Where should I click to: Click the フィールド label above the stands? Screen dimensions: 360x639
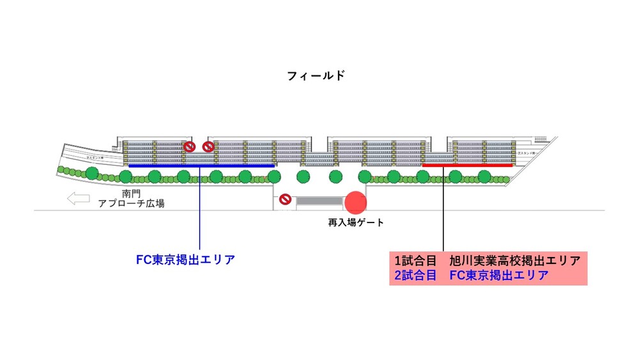[x=316, y=75]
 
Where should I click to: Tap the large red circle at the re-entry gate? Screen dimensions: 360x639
[x=356, y=202]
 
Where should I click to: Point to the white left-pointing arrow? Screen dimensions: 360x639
[x=79, y=199]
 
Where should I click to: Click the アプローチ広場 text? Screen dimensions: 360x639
[x=131, y=204]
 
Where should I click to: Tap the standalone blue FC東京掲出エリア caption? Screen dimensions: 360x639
[x=185, y=260]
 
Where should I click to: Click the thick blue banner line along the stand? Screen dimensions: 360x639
[x=201, y=166]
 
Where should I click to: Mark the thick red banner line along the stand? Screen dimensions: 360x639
[x=466, y=165]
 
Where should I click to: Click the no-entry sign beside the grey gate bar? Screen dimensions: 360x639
[x=285, y=200]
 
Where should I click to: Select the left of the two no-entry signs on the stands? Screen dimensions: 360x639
[x=189, y=147]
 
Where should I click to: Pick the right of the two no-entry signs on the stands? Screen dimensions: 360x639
[x=208, y=147]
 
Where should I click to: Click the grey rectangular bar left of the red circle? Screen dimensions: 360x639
[x=319, y=201]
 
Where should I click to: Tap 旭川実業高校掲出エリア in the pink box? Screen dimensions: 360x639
[x=514, y=261]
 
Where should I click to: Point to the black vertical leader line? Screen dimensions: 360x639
[x=443, y=211]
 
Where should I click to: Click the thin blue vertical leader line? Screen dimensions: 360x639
[x=201, y=211]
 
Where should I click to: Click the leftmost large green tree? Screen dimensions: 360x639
[x=92, y=173]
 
